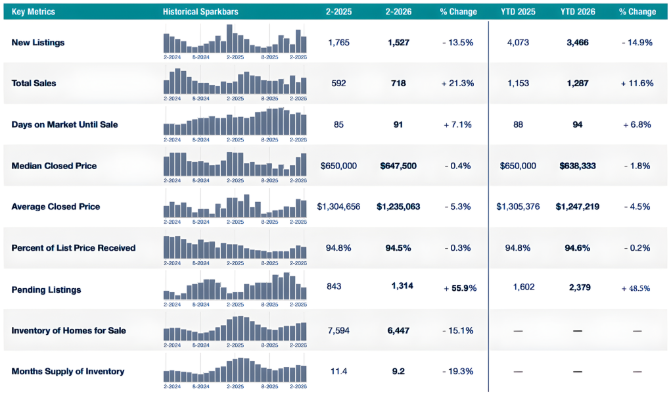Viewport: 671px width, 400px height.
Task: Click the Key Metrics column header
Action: [x=33, y=12]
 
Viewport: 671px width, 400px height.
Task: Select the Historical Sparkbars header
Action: [x=200, y=12]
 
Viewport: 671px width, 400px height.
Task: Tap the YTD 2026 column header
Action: [x=578, y=12]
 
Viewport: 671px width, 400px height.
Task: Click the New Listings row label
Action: [x=38, y=42]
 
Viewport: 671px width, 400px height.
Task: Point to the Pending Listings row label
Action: [x=46, y=289]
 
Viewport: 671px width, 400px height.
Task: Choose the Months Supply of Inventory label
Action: [x=68, y=371]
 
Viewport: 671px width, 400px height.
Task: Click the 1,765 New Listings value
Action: [x=339, y=42]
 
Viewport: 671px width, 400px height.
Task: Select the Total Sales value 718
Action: [x=398, y=83]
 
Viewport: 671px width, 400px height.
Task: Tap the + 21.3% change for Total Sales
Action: [x=458, y=83]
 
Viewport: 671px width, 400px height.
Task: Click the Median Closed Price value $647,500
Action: [x=398, y=166]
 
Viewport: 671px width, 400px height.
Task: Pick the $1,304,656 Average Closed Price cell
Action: [x=338, y=207]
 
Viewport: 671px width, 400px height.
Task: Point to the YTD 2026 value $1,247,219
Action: [x=578, y=207]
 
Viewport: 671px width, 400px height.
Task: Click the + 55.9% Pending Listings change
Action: [x=460, y=288]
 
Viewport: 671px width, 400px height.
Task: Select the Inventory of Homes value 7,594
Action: [x=339, y=330]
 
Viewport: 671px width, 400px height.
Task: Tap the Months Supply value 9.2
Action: [x=398, y=371]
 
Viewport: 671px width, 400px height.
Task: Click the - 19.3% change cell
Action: [x=458, y=371]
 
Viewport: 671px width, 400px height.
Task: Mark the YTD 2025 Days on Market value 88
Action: [x=518, y=124]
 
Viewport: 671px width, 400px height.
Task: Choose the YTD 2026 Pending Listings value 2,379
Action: [x=580, y=287]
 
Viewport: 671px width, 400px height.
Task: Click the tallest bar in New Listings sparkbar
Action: [x=229, y=39]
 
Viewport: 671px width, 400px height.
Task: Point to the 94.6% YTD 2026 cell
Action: [x=578, y=248]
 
